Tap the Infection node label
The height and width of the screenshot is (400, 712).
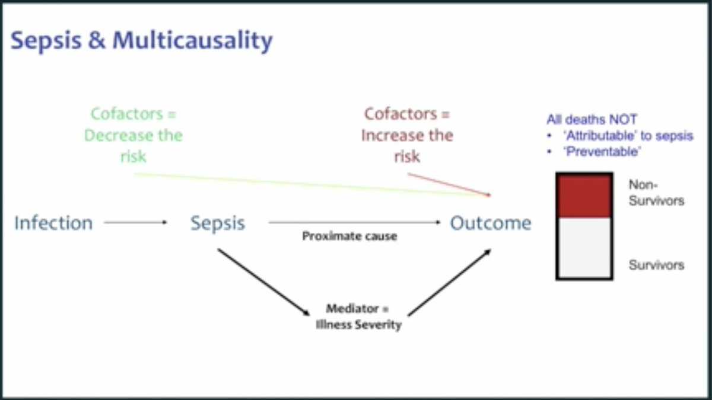[53, 223]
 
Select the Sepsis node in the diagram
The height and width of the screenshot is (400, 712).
[217, 223]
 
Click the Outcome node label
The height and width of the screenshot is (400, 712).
[490, 223]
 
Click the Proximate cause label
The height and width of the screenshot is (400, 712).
[349, 236]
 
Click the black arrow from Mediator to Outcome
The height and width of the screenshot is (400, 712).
[449, 282]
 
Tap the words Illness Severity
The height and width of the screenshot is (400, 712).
[358, 325]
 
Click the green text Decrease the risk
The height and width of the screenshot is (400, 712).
[133, 145]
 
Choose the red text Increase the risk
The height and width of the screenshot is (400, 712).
[407, 145]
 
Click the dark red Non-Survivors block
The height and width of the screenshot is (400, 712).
[584, 196]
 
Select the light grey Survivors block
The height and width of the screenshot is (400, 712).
[584, 248]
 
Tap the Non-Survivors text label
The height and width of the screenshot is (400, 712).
[656, 193]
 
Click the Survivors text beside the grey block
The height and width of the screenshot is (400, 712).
[656, 265]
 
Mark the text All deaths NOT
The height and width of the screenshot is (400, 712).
[592, 120]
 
